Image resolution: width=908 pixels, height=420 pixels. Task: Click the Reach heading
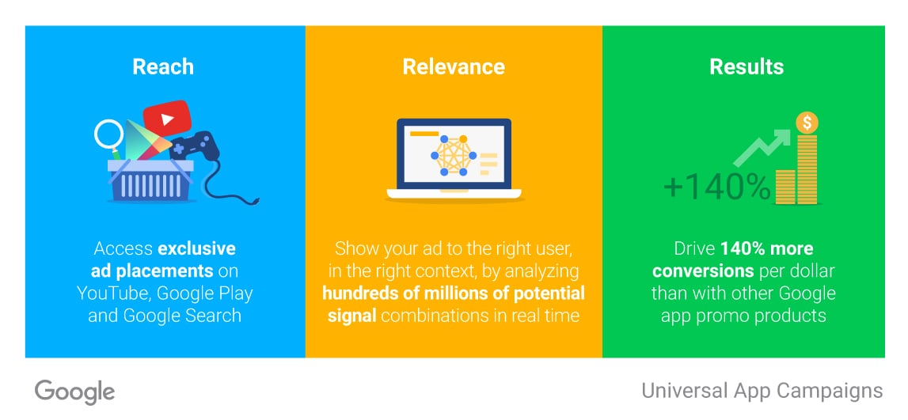tap(163, 66)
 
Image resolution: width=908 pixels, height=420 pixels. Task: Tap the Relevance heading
tap(454, 66)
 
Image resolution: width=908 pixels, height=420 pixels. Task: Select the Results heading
tap(747, 66)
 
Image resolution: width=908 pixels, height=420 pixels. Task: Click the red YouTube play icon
tap(167, 119)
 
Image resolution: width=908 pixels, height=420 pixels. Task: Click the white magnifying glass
tap(109, 134)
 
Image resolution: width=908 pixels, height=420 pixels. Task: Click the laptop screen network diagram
tap(453, 155)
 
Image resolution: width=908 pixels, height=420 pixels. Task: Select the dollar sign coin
tap(807, 123)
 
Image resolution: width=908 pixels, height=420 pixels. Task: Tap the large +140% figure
tap(717, 187)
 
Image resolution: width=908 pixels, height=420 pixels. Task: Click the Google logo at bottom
tap(74, 392)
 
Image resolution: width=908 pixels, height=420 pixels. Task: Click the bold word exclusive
tap(197, 249)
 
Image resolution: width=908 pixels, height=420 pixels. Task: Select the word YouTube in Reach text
tap(113, 293)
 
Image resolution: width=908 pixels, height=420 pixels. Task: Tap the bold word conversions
tap(703, 271)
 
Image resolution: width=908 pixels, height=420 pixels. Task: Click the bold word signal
tap(352, 316)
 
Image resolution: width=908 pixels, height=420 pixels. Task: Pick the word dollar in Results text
tap(812, 271)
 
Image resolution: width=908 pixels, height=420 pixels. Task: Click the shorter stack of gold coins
tap(785, 187)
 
